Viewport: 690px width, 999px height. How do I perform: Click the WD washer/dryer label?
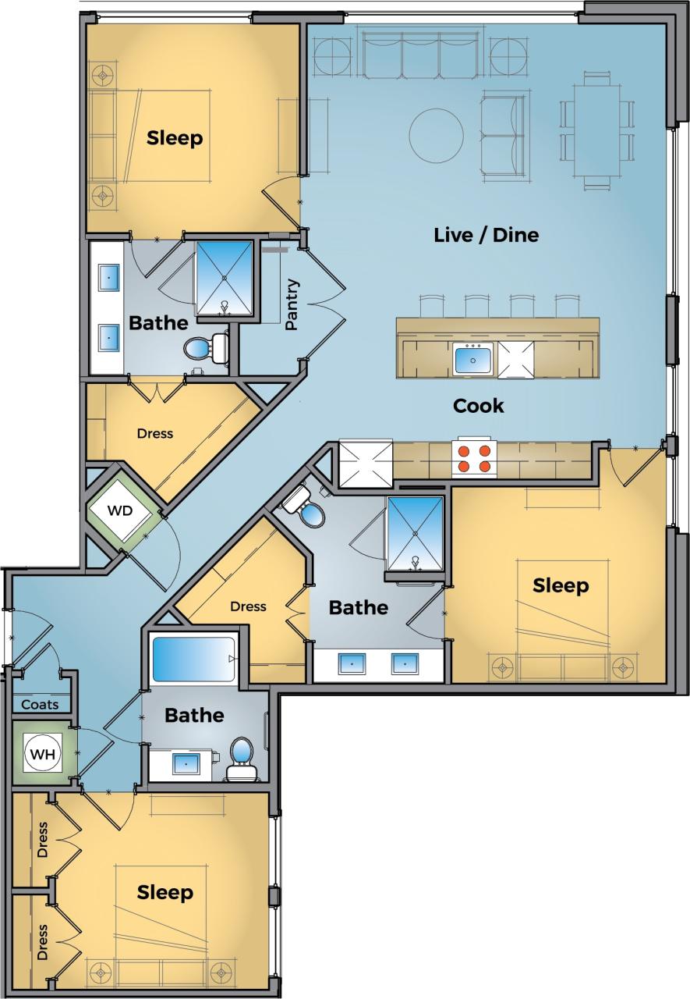click(x=119, y=511)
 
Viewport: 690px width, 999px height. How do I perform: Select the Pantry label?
click(x=292, y=305)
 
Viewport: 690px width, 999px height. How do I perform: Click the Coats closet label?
click(x=40, y=705)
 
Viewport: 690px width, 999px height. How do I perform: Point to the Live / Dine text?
click(x=486, y=235)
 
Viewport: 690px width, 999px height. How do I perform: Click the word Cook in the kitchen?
click(x=479, y=406)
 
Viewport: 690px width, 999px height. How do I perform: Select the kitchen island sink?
click(x=473, y=361)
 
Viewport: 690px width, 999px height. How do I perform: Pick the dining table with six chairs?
click(x=597, y=130)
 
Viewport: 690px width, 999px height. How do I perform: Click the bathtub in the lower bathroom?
click(x=193, y=660)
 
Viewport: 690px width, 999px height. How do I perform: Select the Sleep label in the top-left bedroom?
click(x=175, y=138)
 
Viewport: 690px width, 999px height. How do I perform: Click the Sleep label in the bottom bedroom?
click(x=165, y=892)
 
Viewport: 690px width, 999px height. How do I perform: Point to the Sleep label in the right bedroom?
click(x=561, y=585)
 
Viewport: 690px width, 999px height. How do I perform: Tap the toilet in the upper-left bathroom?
click(x=204, y=349)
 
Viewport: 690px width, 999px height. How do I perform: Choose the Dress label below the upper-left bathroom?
click(x=154, y=433)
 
